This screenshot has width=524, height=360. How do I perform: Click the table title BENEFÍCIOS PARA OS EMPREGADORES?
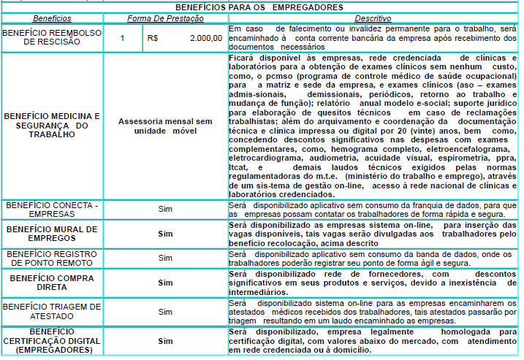[x=261, y=7]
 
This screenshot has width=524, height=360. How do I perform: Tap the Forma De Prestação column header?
[x=165, y=18]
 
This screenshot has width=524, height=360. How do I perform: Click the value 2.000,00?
[x=205, y=38]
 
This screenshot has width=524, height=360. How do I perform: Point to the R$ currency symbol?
[x=153, y=38]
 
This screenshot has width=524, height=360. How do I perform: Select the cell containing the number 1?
[x=123, y=38]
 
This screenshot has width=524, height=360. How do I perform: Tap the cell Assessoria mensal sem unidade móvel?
[x=165, y=125]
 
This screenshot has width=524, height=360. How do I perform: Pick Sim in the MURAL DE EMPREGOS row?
[x=165, y=234]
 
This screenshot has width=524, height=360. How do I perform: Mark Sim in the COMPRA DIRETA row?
[x=165, y=282]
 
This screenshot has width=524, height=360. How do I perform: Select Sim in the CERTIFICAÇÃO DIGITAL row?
[x=165, y=340]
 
